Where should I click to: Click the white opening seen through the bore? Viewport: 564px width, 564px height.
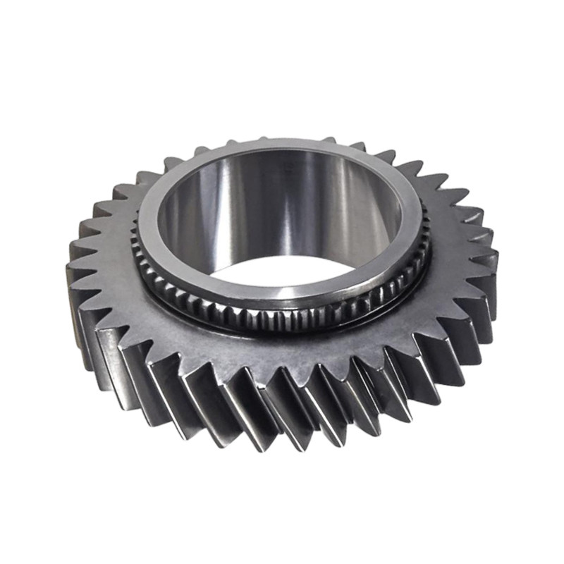click(282, 271)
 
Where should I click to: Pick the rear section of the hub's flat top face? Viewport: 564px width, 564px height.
click(282, 146)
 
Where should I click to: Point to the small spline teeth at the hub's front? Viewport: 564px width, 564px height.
click(282, 317)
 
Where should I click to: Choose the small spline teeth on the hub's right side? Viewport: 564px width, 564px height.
click(421, 254)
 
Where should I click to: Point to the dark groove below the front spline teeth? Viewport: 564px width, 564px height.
click(282, 331)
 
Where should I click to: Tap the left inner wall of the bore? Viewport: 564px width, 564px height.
click(176, 226)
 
